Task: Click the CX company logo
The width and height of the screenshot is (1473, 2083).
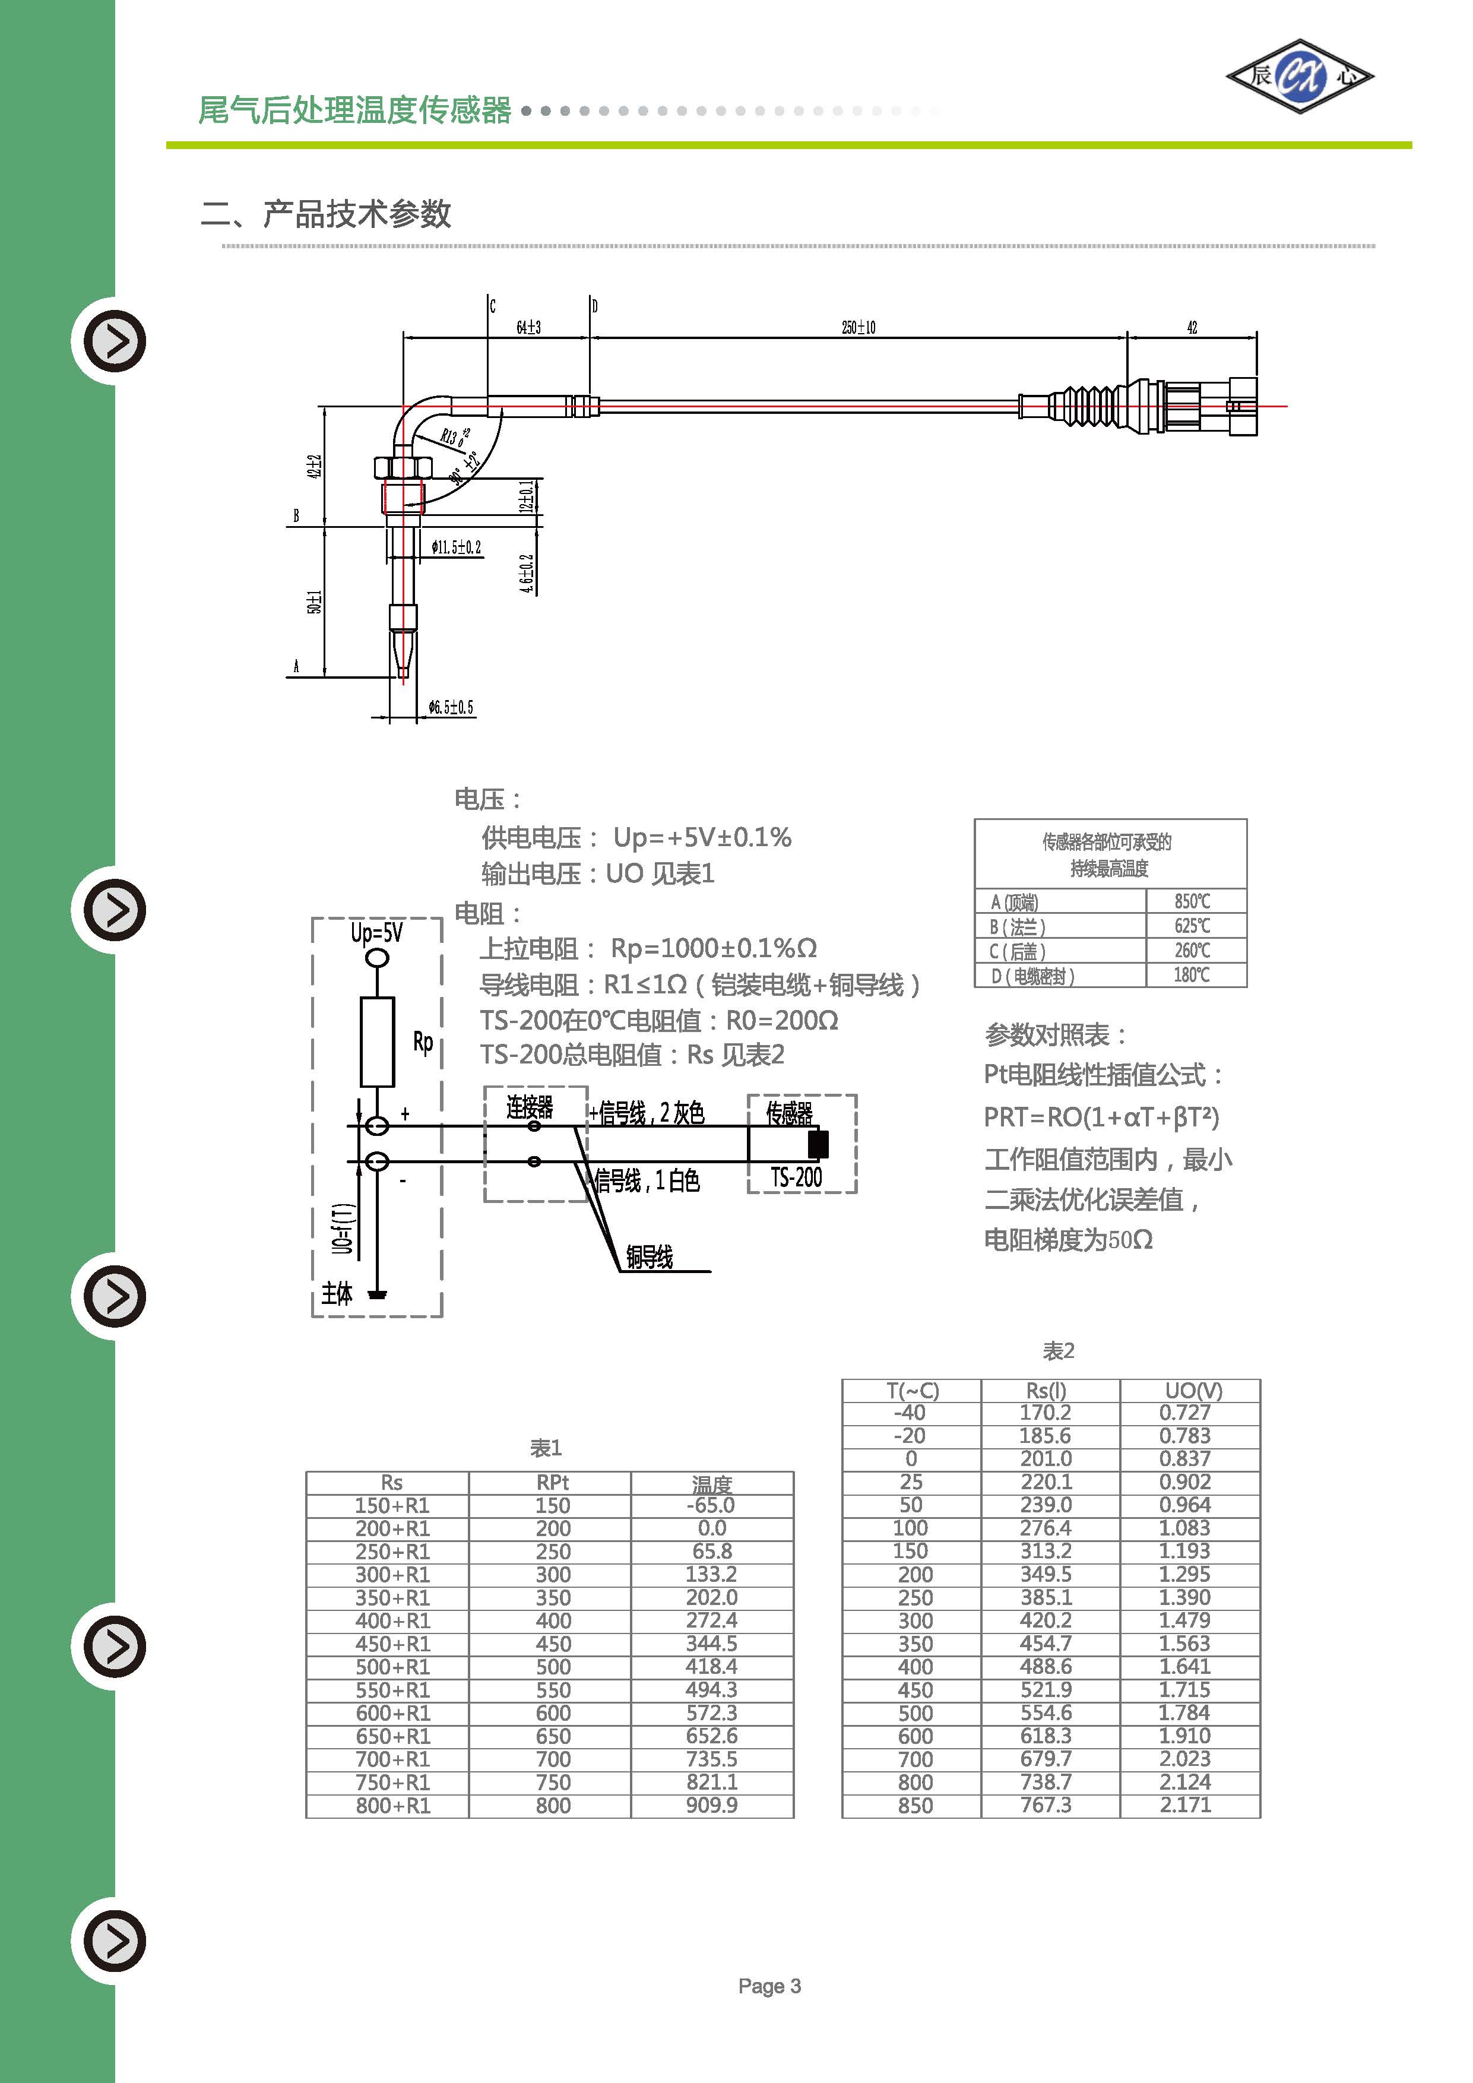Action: tap(1300, 76)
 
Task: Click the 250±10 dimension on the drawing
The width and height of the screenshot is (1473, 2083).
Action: tap(858, 328)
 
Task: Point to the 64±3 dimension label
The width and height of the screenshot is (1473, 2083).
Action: tap(529, 328)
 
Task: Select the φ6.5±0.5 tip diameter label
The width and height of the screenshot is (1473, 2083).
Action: tap(451, 708)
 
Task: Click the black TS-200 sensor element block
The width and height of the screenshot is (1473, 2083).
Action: tap(818, 1144)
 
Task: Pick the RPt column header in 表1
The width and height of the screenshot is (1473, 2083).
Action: tap(552, 1483)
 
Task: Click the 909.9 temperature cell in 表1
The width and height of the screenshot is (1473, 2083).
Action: tap(712, 1805)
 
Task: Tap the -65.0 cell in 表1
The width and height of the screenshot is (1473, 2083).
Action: tap(712, 1505)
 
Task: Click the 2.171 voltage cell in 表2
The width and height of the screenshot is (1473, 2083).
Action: tap(1186, 1805)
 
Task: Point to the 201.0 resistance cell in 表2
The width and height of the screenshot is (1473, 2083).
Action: tap(1046, 1459)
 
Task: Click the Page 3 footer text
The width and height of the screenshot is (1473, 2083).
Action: tap(769, 1986)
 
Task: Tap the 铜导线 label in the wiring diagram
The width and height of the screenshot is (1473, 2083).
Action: tap(650, 1256)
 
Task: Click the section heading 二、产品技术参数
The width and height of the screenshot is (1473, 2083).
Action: tap(327, 214)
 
